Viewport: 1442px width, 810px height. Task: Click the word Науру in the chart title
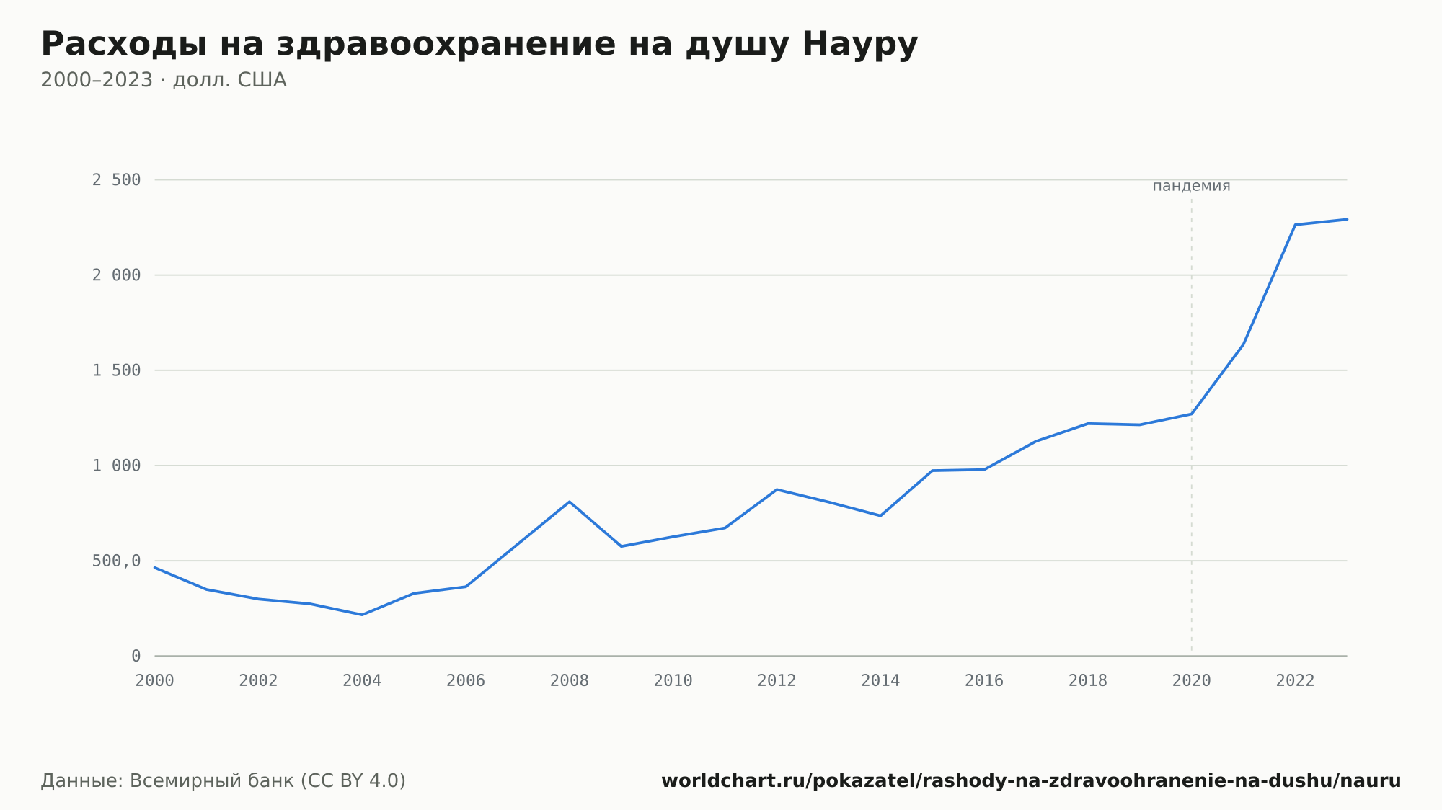pyautogui.click(x=859, y=44)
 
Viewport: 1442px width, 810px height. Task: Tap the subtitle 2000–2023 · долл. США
pyautogui.click(x=164, y=80)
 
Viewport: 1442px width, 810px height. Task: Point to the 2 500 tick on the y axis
pyautogui.click(x=116, y=180)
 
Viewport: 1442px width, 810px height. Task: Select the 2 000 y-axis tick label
pyautogui.click(x=116, y=275)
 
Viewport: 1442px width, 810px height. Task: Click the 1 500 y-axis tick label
pyautogui.click(x=116, y=370)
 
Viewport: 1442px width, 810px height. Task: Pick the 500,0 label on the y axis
pyautogui.click(x=116, y=561)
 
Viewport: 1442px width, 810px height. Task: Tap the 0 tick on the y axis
pyautogui.click(x=136, y=657)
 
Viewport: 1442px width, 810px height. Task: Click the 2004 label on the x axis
pyautogui.click(x=362, y=681)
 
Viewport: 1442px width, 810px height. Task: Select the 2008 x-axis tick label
pyautogui.click(x=570, y=681)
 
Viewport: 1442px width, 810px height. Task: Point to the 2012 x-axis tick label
pyautogui.click(x=777, y=681)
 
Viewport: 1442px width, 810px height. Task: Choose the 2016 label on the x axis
pyautogui.click(x=984, y=681)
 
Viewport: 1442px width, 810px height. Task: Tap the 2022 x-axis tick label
pyautogui.click(x=1296, y=681)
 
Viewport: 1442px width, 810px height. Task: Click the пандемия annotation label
pyautogui.click(x=1191, y=186)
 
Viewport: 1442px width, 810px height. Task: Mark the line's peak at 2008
pyautogui.click(x=570, y=502)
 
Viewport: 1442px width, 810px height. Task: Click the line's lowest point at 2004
pyautogui.click(x=362, y=615)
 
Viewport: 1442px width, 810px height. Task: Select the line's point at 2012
pyautogui.click(x=777, y=489)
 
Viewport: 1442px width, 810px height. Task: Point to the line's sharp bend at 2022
pyautogui.click(x=1296, y=225)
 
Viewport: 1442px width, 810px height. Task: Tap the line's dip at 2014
pyautogui.click(x=880, y=515)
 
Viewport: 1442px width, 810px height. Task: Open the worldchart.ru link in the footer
pyautogui.click(x=1031, y=781)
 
